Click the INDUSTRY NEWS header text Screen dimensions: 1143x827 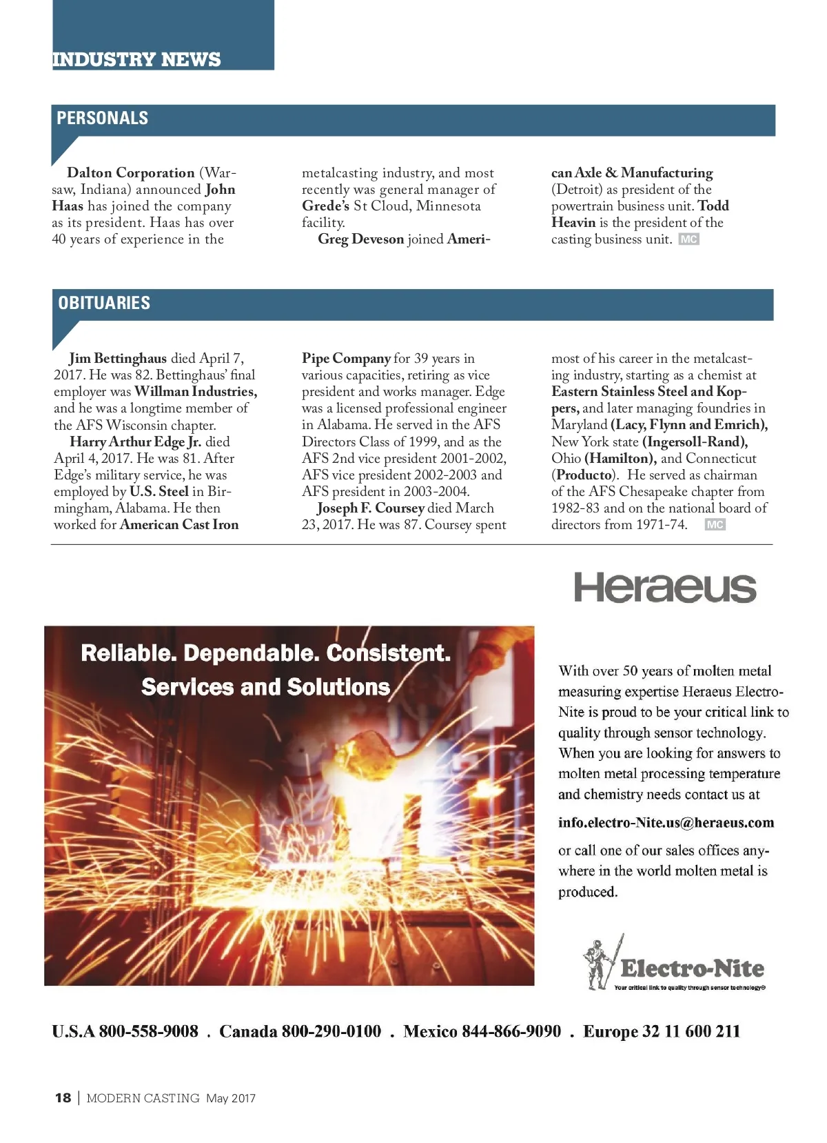(x=136, y=59)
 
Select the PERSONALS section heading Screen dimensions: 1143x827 (x=102, y=118)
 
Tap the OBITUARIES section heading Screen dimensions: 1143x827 (x=104, y=303)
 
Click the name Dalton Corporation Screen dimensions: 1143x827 (x=131, y=172)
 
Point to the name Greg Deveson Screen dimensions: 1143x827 (x=360, y=239)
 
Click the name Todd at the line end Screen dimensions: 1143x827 (x=713, y=206)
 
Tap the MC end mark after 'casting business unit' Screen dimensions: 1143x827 (x=688, y=239)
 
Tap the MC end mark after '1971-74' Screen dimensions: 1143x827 (x=715, y=525)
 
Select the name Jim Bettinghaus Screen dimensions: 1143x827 (x=118, y=358)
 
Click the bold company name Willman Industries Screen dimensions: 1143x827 (x=196, y=391)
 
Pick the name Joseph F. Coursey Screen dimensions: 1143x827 (x=371, y=508)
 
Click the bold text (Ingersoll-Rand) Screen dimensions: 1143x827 (x=695, y=441)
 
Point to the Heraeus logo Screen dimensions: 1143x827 (x=665, y=588)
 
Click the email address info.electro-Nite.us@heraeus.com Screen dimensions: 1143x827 (x=666, y=822)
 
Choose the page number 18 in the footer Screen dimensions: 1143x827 (x=63, y=1097)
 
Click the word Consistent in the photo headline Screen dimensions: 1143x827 (x=389, y=653)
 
